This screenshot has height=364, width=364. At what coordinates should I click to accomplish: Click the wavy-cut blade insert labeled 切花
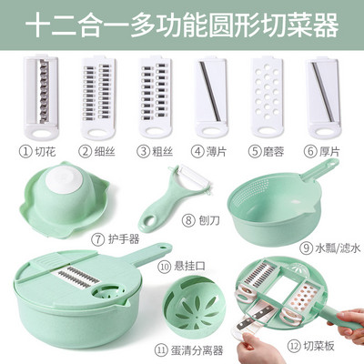click(41, 97)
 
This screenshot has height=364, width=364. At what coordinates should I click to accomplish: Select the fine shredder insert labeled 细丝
click(98, 97)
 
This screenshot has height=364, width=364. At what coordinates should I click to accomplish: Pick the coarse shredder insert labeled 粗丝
click(156, 97)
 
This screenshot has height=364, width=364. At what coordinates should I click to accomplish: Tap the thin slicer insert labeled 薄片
click(210, 97)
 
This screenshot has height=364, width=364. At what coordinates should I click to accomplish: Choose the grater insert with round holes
click(268, 97)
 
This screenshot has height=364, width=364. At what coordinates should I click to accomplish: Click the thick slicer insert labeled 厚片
click(322, 97)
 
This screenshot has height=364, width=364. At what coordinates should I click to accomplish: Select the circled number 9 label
click(306, 248)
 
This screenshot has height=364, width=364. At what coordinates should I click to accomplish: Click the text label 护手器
click(124, 239)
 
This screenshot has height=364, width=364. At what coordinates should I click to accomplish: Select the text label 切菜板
click(318, 346)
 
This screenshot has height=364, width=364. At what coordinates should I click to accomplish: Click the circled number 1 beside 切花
click(25, 151)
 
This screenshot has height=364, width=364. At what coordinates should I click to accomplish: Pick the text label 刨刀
click(208, 220)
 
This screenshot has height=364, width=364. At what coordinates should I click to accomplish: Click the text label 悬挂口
click(189, 267)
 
